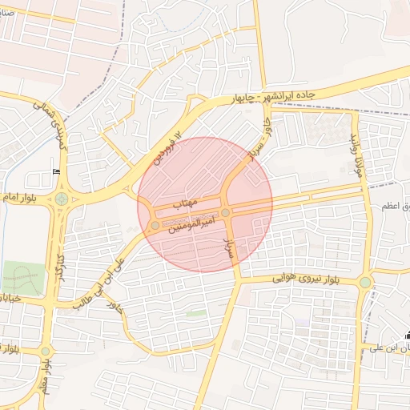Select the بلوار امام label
point(17,196)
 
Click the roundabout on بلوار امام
point(62,199)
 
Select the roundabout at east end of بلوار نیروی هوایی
point(365,281)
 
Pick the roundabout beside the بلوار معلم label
point(46,351)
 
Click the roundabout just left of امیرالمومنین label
point(155,226)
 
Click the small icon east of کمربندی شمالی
point(56,171)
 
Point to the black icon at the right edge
point(406,336)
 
